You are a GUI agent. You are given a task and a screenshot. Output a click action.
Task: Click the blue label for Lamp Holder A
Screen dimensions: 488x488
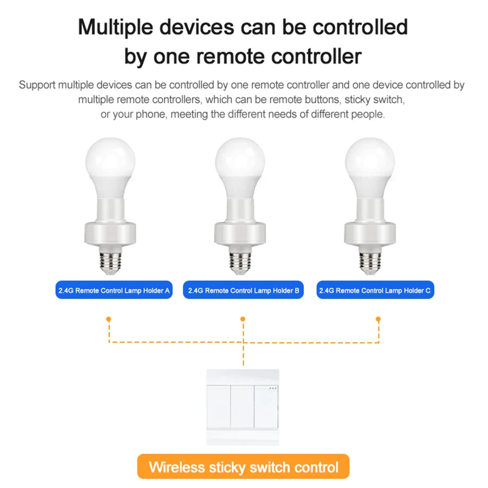pos(114,291)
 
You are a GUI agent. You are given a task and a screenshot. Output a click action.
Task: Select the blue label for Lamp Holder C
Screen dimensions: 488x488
pos(375,291)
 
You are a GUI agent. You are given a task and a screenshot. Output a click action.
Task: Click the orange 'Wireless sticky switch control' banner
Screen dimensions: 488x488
pos(243,468)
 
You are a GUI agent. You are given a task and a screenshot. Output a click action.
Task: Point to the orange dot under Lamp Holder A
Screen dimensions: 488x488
pos(109,319)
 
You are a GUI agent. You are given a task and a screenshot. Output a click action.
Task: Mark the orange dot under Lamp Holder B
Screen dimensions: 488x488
pos(243,319)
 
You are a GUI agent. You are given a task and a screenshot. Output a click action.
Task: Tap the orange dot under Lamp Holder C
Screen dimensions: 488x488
pos(378,319)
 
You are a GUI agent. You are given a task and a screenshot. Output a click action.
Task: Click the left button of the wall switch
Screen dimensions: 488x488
pos(219,407)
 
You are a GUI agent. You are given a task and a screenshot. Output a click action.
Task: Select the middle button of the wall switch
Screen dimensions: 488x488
pos(243,407)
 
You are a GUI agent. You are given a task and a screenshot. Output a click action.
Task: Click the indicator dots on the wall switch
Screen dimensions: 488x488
pos(273,389)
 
